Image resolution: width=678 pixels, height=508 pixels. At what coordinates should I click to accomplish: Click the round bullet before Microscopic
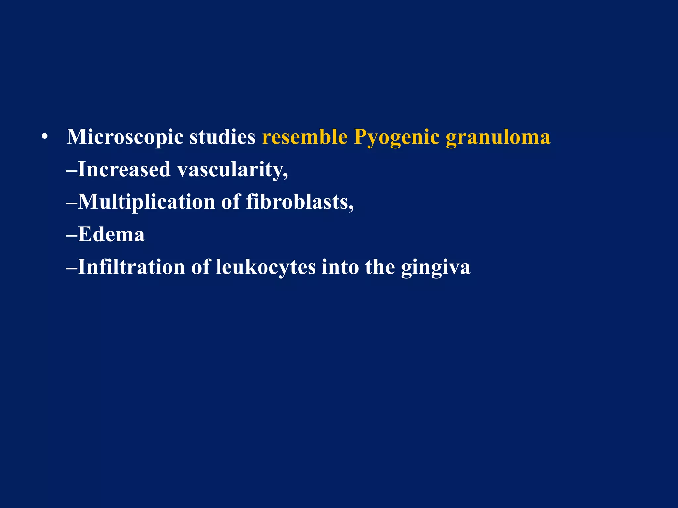[x=45, y=137]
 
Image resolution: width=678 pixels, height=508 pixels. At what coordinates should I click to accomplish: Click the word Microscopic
[x=125, y=137]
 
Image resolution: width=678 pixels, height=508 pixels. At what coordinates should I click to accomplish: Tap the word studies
[x=222, y=137]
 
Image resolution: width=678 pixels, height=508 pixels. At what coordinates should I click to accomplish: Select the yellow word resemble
[x=305, y=137]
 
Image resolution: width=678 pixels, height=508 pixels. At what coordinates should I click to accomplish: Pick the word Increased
[x=124, y=169]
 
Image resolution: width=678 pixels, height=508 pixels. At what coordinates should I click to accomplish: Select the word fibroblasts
[x=297, y=202]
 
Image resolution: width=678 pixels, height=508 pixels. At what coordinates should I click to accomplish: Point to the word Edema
[x=111, y=234]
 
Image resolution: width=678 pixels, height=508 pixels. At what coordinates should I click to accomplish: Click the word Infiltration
[x=131, y=267]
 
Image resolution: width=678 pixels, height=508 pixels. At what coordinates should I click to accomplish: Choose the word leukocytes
[x=266, y=267]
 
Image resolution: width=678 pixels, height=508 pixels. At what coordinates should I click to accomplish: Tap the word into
[x=340, y=267]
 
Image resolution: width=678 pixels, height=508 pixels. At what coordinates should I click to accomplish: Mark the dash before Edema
[x=72, y=235]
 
